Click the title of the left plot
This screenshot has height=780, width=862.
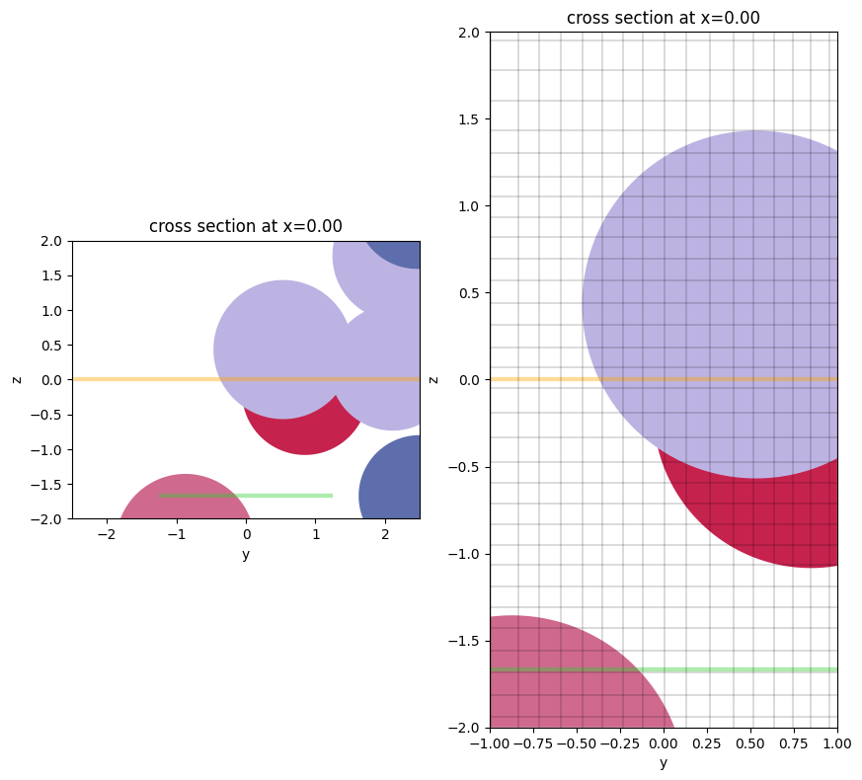[246, 226]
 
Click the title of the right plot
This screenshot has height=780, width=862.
[663, 18]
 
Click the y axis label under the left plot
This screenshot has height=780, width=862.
[246, 554]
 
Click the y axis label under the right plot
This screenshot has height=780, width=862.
[663, 762]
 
